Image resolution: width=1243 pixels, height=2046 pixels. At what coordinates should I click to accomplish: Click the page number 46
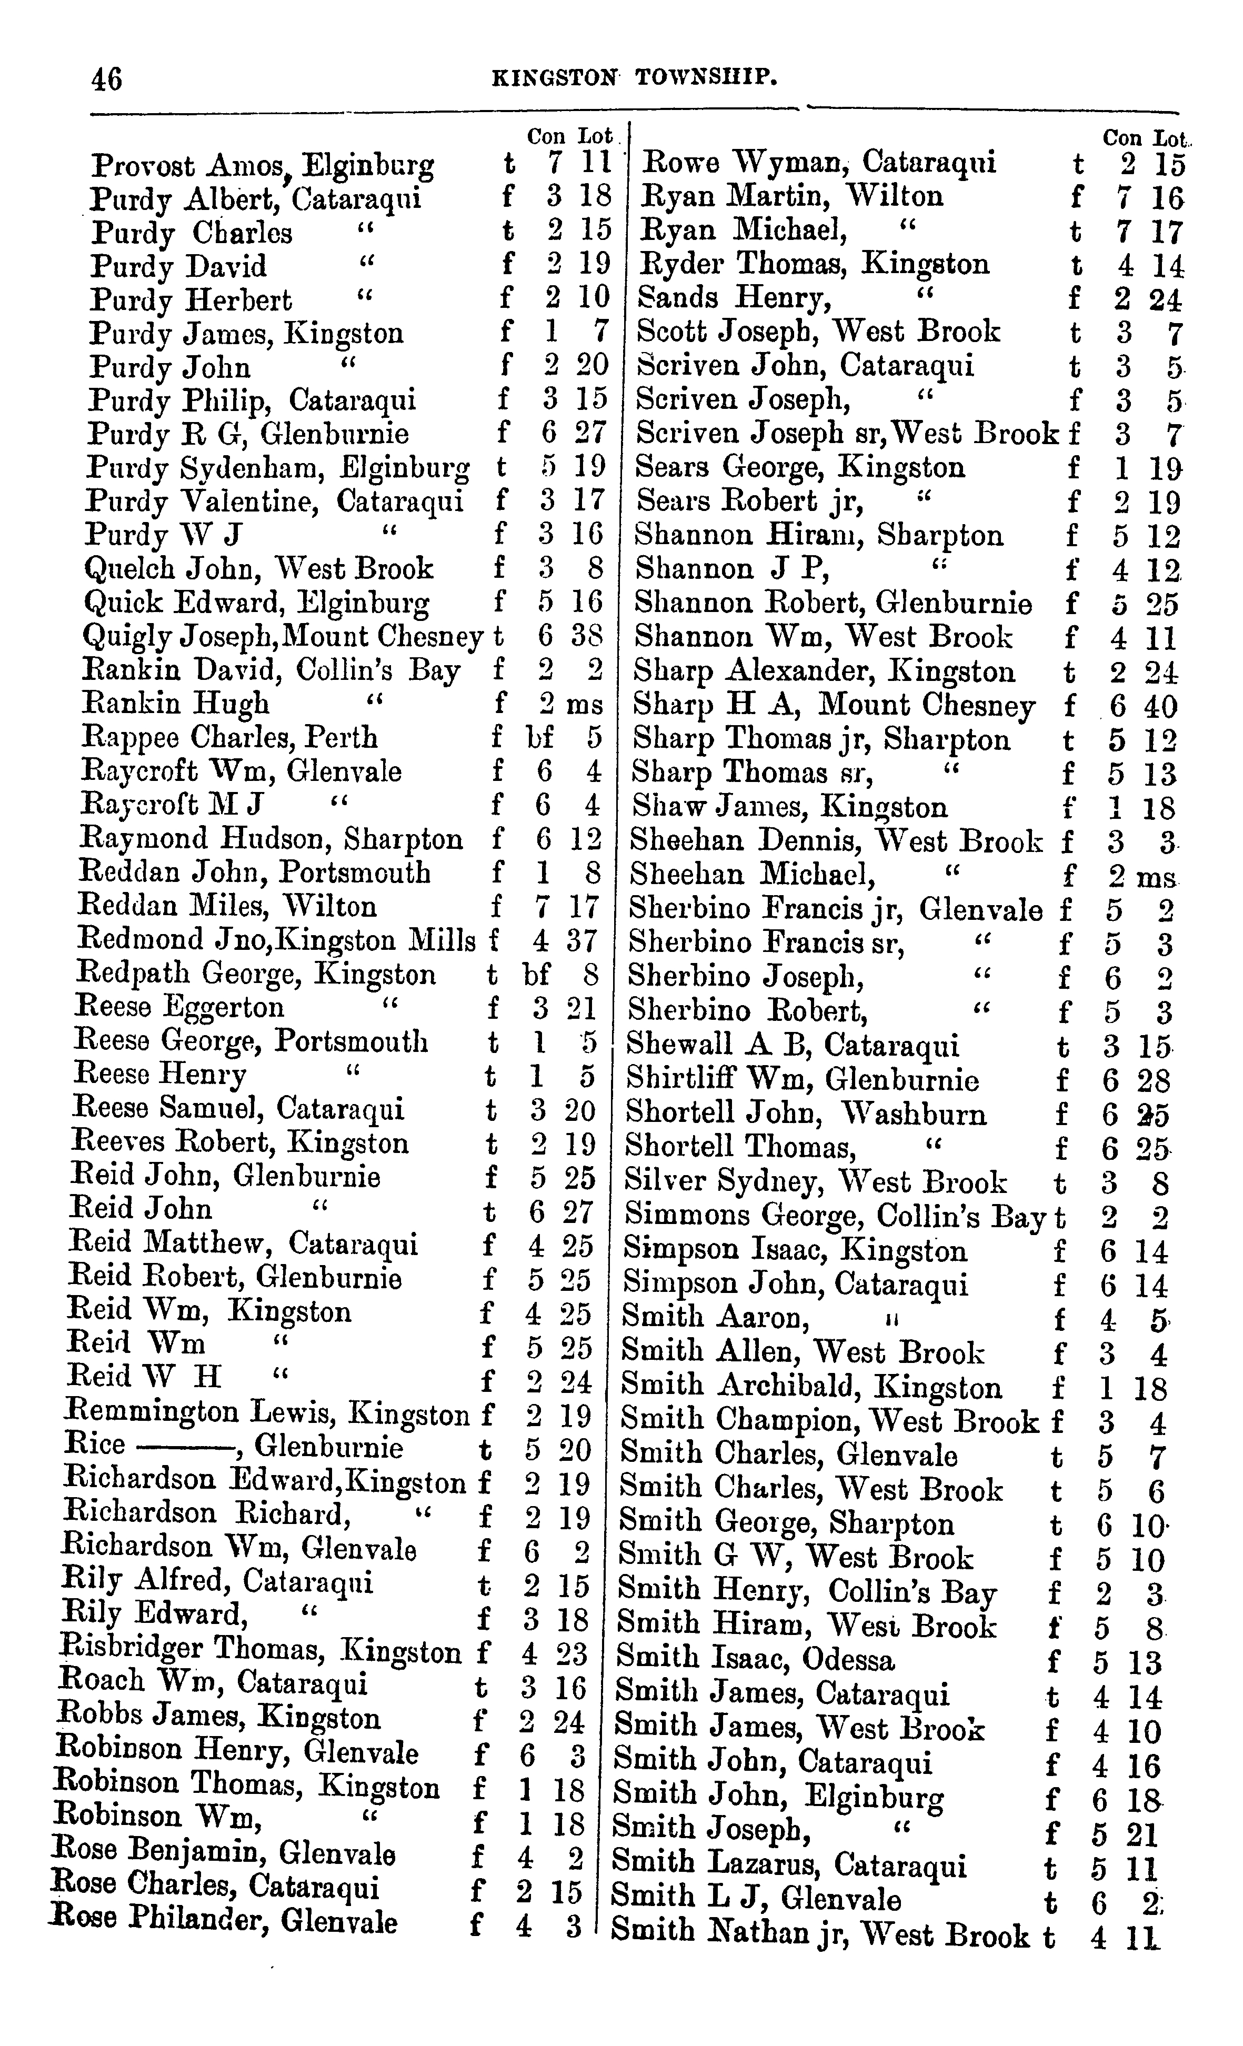(x=107, y=79)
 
